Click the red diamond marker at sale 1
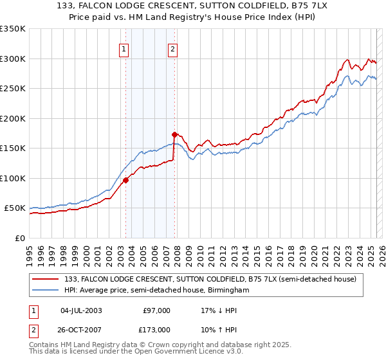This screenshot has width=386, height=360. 126,180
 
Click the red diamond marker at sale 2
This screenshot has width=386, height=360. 174,134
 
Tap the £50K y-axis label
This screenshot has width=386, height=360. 14,208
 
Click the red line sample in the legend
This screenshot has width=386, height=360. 46,278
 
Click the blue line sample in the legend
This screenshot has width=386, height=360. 46,290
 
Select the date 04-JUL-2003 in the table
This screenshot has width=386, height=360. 81,310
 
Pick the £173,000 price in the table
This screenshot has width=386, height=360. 156,330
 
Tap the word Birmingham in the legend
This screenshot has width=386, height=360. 229,290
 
